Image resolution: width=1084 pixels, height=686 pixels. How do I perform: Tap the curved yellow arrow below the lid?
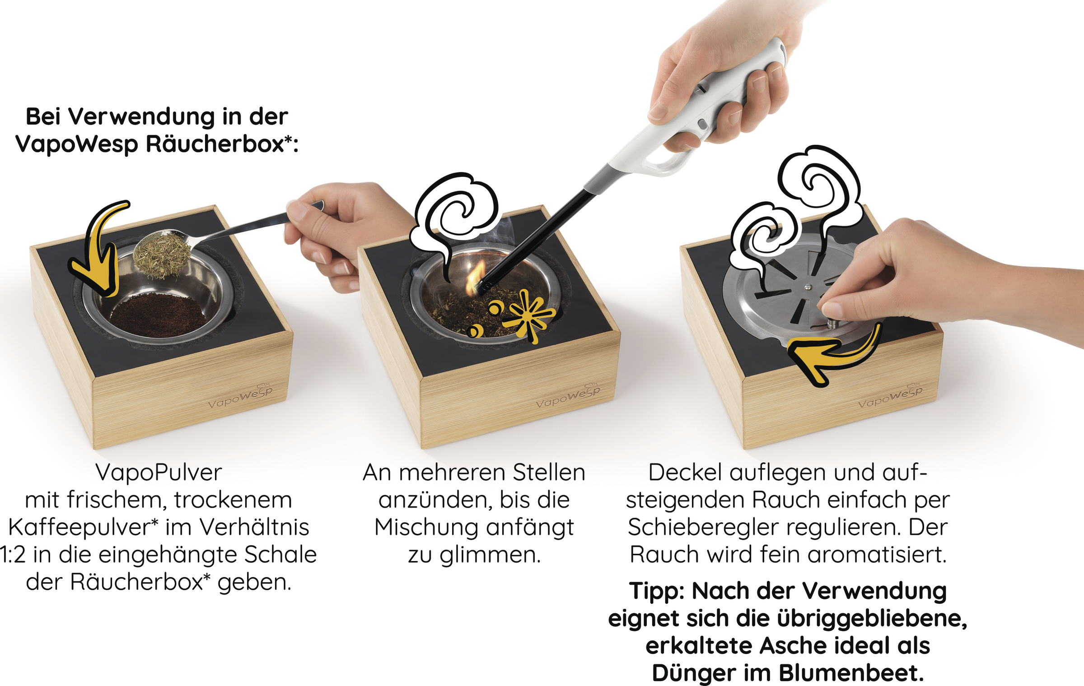click(836, 357)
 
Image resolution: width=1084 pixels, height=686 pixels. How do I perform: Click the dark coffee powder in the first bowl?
click(157, 314)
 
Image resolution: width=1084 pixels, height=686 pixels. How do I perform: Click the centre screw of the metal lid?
click(808, 287)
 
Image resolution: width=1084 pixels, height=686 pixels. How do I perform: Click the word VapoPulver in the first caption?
click(159, 473)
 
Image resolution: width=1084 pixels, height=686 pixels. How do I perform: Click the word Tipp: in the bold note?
click(657, 592)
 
